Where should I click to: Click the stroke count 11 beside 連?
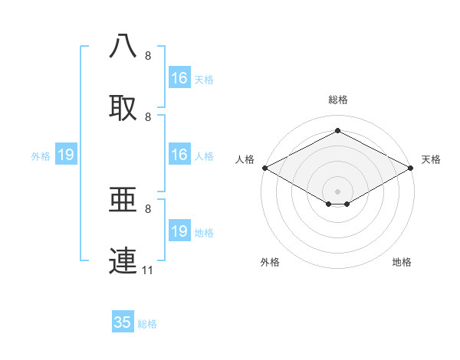[148, 270]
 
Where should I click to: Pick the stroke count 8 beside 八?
[148, 56]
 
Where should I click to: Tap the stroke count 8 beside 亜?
[148, 209]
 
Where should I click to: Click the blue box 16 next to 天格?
[179, 78]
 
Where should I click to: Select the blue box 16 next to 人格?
[179, 155]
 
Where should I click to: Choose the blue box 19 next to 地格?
[179, 231]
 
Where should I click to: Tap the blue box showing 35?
[123, 322]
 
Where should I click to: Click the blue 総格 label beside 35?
[147, 324]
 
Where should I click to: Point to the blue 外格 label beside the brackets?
[41, 156]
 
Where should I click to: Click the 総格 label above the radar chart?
[338, 100]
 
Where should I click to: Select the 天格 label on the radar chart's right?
[431, 159]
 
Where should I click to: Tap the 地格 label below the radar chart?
[402, 263]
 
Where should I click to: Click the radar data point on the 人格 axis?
[264, 168]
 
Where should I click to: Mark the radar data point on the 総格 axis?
[337, 131]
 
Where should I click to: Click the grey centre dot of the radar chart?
[337, 190]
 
